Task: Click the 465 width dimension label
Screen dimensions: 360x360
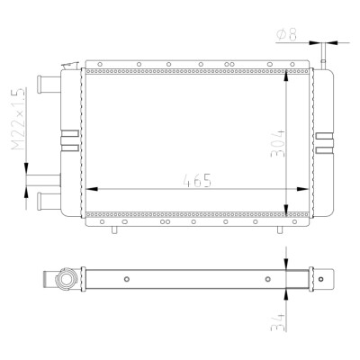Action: point(197,180)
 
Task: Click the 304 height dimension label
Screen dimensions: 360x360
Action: point(277,144)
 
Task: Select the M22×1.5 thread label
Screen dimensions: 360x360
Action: point(19,119)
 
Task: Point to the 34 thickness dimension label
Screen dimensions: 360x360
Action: point(277,321)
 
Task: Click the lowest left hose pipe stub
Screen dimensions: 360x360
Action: point(49,201)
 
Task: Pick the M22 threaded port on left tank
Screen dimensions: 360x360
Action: point(44,180)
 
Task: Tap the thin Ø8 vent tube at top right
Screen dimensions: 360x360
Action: point(323,57)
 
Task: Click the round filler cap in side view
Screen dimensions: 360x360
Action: point(66,279)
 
